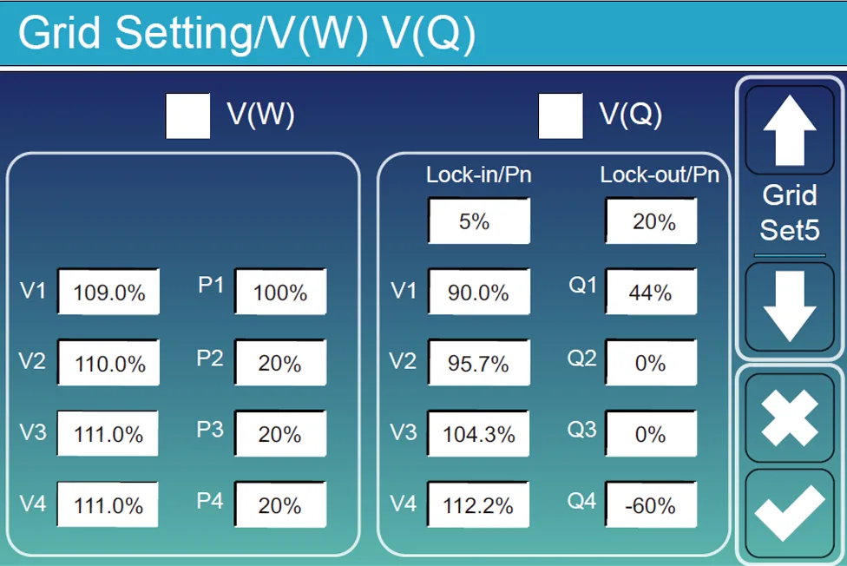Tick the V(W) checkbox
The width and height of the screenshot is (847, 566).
(187, 116)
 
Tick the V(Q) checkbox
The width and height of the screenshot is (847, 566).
(560, 116)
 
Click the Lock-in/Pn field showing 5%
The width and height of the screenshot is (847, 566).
(478, 221)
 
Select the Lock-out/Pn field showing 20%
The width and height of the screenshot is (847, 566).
(652, 221)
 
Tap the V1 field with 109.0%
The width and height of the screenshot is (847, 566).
(108, 292)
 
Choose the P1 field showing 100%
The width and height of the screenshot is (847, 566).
(279, 292)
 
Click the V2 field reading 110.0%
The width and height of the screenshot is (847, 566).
(108, 363)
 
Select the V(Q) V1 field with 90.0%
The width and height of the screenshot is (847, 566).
(478, 292)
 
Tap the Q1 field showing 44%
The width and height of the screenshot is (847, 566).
(651, 292)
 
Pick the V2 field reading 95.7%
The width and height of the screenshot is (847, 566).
(478, 363)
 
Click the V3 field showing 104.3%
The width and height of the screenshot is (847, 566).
(478, 434)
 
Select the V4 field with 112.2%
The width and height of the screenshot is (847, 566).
(478, 504)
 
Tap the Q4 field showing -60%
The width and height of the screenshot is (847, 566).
(651, 504)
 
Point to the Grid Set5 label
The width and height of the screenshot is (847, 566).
(788, 213)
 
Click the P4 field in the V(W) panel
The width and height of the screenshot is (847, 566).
(279, 504)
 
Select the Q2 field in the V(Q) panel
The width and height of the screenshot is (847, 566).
(651, 363)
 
